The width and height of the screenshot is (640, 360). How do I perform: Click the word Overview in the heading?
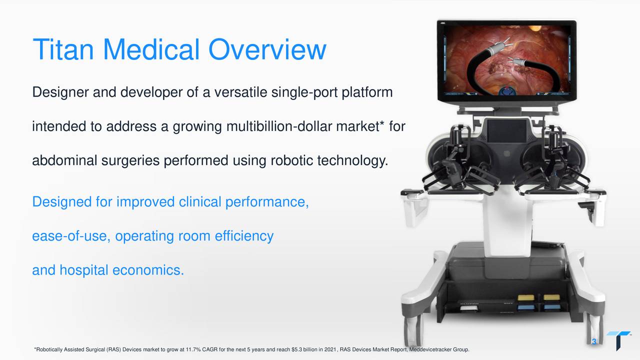click(267, 49)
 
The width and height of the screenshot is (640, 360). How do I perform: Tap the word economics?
click(148, 270)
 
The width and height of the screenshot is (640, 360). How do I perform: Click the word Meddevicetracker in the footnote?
click(430, 349)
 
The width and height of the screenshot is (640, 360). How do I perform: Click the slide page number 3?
click(594, 342)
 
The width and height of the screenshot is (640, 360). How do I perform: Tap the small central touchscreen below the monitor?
click(506, 131)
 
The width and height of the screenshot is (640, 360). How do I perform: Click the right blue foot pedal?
click(551, 306)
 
